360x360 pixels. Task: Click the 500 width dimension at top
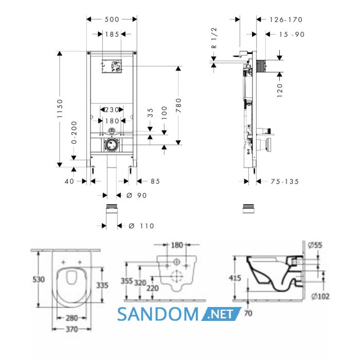[112, 20]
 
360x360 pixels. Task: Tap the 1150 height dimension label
[60, 109]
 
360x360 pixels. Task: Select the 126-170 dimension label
[286, 20]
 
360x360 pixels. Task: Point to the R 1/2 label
[214, 38]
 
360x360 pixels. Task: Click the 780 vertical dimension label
[178, 105]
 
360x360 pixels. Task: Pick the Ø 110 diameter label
[141, 226]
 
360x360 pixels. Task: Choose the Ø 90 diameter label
[137, 195]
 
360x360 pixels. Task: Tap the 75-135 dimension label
[285, 182]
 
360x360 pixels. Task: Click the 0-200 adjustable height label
[74, 133]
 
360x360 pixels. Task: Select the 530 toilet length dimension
[39, 279]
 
